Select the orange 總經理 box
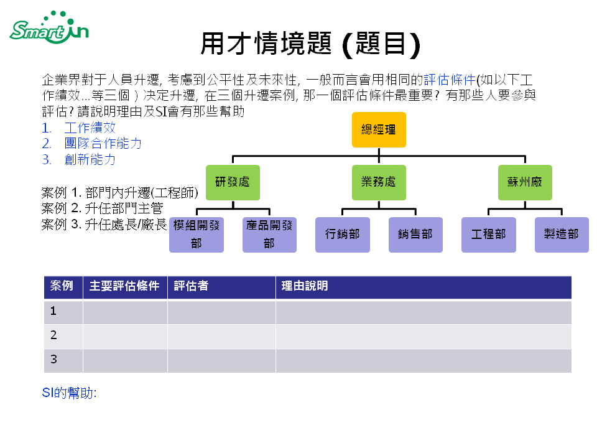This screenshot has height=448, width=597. [379, 129]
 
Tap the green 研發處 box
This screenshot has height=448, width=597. [233, 182]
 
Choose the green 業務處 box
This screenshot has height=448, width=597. [379, 182]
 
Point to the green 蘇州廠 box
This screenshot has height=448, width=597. [525, 182]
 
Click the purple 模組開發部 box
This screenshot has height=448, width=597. [197, 235]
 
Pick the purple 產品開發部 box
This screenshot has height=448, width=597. [269, 235]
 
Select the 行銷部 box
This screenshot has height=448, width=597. [343, 235]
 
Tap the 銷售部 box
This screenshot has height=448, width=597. [415, 235]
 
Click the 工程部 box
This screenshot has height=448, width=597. [489, 235]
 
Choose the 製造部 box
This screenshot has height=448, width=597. [562, 235]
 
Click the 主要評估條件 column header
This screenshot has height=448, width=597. [124, 286]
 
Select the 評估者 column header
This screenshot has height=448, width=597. [192, 286]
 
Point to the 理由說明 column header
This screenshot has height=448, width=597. [305, 286]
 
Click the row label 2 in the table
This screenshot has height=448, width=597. [54, 335]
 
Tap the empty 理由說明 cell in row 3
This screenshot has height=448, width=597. [423, 360]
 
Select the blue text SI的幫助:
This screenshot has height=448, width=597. [69, 393]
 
